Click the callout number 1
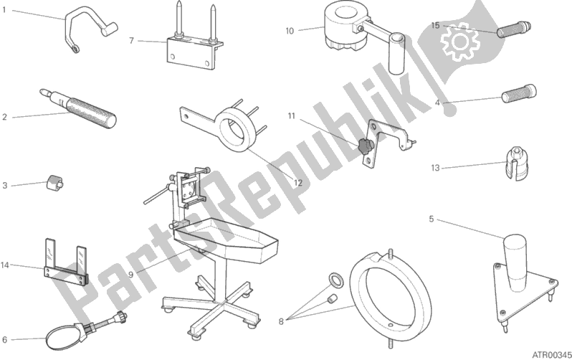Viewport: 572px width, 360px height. click(x=4, y=10)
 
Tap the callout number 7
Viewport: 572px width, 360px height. click(x=132, y=41)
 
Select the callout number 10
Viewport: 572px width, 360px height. click(x=290, y=31)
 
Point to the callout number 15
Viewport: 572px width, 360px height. click(x=435, y=26)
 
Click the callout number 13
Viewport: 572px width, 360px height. click(x=435, y=168)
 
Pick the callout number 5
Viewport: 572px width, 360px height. click(x=432, y=219)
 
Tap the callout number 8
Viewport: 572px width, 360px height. click(x=281, y=321)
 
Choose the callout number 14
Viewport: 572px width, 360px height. click(x=5, y=265)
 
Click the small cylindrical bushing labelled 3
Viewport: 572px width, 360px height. click(x=54, y=182)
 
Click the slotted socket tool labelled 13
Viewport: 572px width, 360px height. click(x=517, y=164)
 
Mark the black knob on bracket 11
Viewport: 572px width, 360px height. click(x=365, y=146)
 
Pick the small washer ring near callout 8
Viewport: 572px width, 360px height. click(x=336, y=280)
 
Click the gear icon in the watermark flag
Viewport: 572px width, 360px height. click(x=459, y=42)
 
